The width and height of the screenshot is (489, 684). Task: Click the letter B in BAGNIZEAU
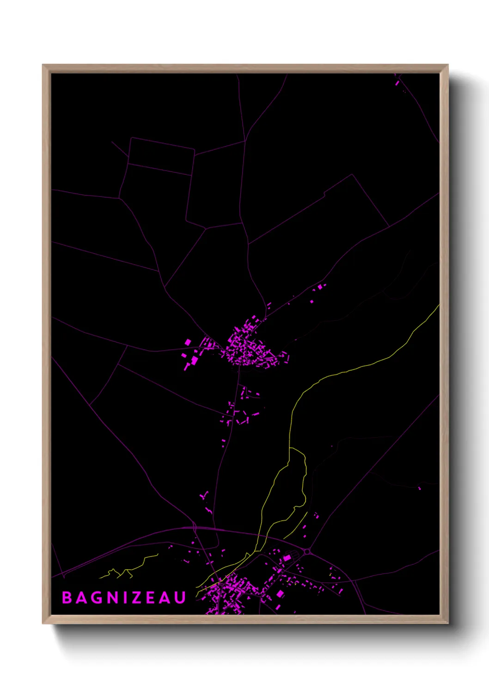(67, 598)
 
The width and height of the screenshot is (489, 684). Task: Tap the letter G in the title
(97, 598)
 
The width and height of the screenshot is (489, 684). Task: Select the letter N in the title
(112, 598)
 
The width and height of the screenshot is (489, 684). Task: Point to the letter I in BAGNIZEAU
(124, 598)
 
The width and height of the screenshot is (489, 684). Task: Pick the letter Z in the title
(135, 598)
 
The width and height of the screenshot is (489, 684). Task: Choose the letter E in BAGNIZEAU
(150, 598)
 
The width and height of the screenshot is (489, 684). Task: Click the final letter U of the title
(180, 598)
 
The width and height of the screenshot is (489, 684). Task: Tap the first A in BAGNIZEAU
(81, 598)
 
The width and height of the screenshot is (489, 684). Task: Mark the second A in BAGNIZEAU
(165, 598)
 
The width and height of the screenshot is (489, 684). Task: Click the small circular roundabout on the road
(307, 551)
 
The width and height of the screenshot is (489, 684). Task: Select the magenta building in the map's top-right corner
(397, 83)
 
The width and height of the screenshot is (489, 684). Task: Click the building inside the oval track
(287, 558)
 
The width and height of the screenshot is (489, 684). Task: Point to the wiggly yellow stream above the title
(129, 569)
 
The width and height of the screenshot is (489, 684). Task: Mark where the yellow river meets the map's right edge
(438, 305)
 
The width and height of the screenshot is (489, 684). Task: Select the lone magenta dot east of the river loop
(419, 488)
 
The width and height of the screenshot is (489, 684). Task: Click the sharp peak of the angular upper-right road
(352, 175)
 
